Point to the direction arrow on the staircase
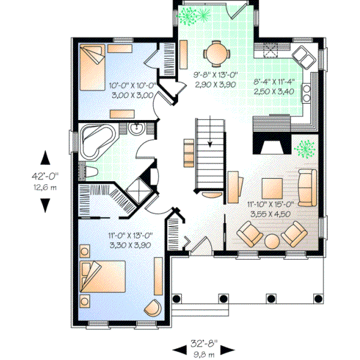[211, 143]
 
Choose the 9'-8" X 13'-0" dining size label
[215, 80]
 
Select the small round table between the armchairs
[272, 241]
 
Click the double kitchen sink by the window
[303, 58]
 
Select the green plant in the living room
[307, 147]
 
